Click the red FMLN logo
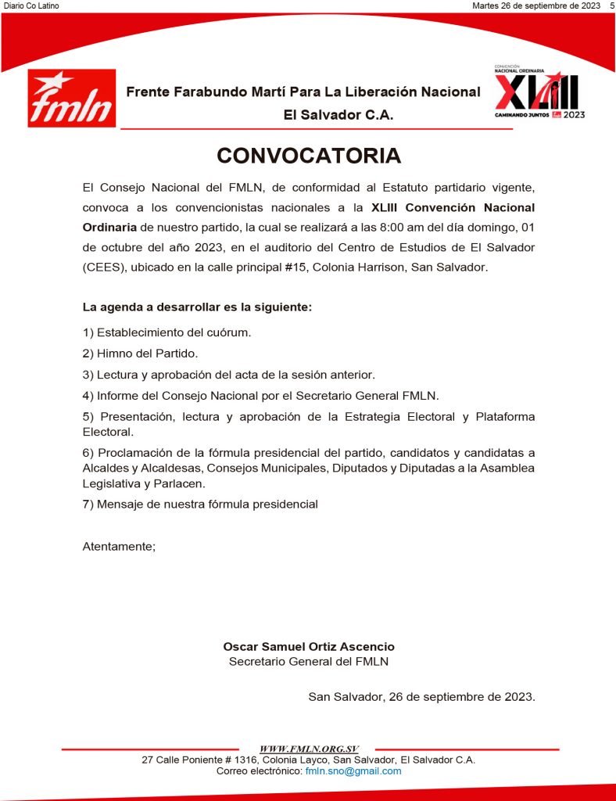coord(72,99)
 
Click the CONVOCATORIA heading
coord(308,156)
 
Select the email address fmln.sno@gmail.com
coord(353,770)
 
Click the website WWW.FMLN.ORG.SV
coord(307,749)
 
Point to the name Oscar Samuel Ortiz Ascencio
coord(309,647)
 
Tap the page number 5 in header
coord(611,5)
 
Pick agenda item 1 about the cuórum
coord(167,332)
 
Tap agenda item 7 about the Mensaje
coord(200,505)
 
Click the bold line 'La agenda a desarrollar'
coord(197,307)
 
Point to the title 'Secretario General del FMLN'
coord(309,662)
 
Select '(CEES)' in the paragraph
coord(103,267)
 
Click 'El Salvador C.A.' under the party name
coord(338,115)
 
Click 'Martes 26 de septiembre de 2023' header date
coord(536,5)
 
